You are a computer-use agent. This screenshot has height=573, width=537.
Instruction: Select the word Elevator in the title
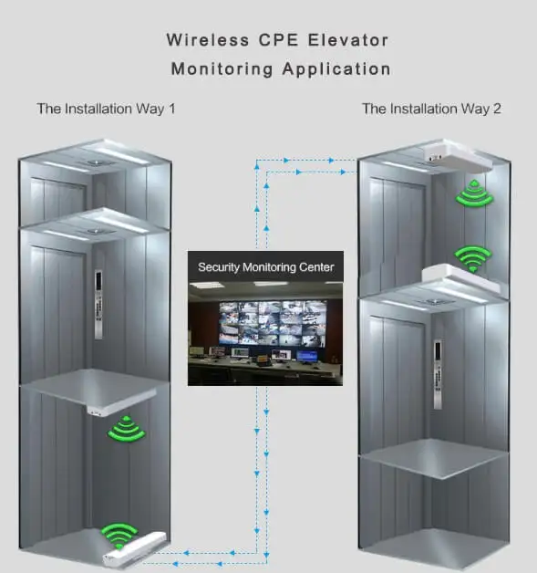pos(354,40)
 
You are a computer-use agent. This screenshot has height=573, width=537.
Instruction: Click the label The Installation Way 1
pos(106,109)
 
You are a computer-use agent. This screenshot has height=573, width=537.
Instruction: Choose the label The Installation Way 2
pos(431,109)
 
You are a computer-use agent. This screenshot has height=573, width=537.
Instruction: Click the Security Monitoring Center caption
pos(265,267)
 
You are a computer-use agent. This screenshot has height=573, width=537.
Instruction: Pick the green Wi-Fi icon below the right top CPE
pos(474,193)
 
